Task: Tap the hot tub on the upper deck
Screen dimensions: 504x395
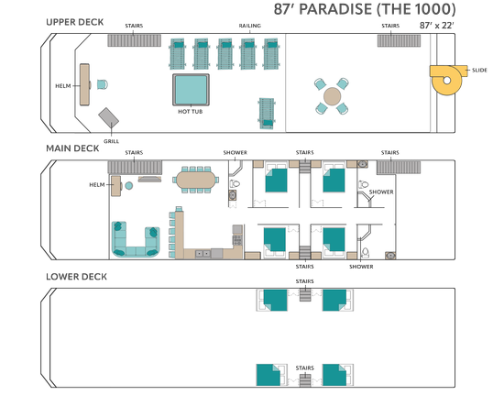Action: coord(191,90)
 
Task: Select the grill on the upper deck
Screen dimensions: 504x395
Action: coord(109,118)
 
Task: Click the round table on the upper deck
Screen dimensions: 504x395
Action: coord(332,96)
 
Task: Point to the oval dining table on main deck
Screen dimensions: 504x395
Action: coord(196,180)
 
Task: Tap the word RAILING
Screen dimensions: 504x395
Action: coord(250,26)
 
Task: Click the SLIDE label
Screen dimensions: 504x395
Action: coord(479,70)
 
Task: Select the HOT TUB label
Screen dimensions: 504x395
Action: coord(191,112)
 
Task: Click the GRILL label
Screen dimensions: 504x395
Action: coord(111,141)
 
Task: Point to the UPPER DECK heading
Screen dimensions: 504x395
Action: coord(75,22)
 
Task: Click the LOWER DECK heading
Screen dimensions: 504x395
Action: coord(76,277)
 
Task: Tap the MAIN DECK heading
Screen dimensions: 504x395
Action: coord(72,148)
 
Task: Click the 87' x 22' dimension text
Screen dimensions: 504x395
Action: coord(436,26)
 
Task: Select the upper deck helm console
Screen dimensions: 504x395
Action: coord(84,84)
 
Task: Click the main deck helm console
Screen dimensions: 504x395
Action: coord(116,186)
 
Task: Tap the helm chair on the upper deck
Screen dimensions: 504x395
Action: coord(103,84)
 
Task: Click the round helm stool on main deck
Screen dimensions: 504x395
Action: coord(129,185)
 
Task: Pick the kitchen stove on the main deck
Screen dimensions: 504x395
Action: coord(237,240)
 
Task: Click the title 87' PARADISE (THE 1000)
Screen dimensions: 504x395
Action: coord(365,9)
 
